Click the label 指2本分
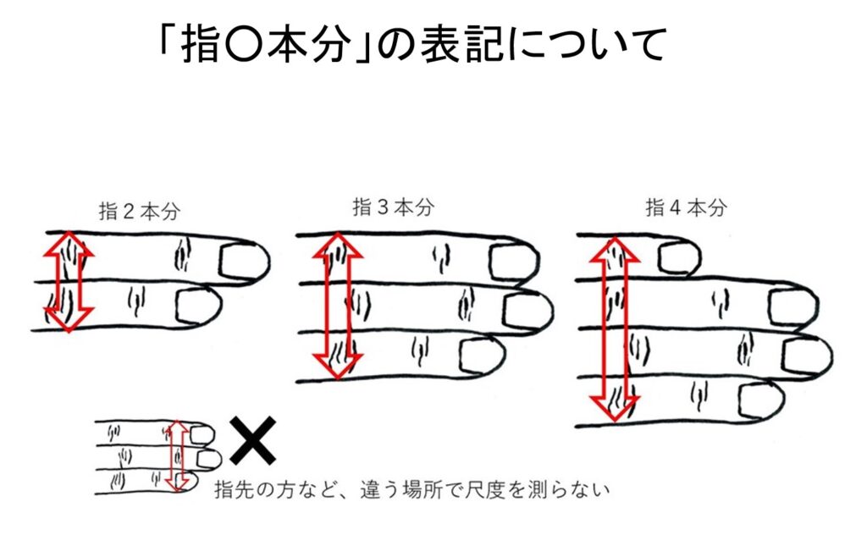click(141, 211)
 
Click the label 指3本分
click(393, 207)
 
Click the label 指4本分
click(686, 207)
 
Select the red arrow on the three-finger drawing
click(338, 305)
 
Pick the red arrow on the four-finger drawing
click(613, 330)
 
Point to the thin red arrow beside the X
click(176, 455)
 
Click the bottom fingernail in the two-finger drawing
click(197, 306)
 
